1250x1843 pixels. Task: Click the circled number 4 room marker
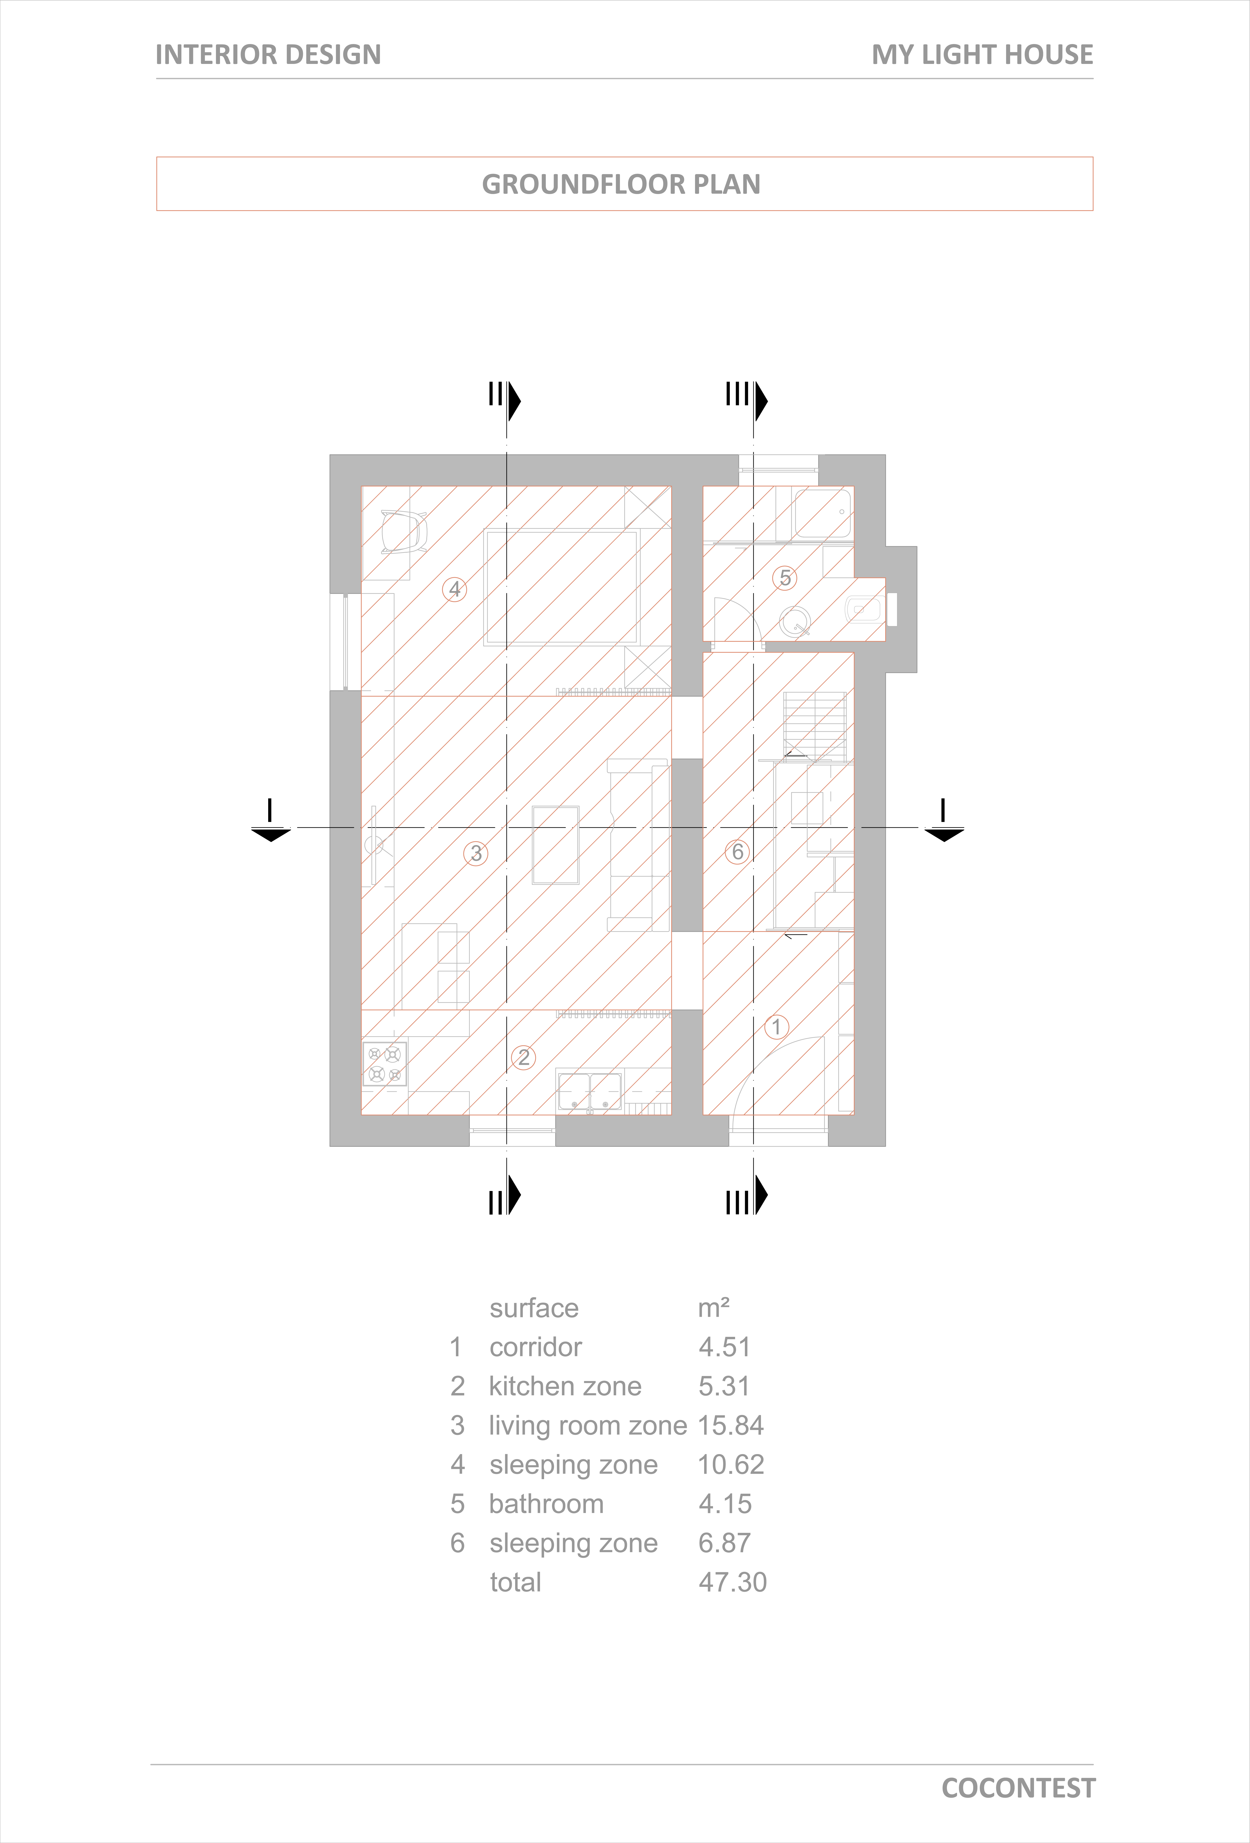tap(454, 589)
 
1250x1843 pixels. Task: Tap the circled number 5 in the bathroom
tap(785, 578)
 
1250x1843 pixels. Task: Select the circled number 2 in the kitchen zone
tap(523, 1057)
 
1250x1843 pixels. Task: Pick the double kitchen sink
tap(590, 1091)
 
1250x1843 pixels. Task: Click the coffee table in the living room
tap(556, 845)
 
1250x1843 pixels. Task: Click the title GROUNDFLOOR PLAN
tap(621, 185)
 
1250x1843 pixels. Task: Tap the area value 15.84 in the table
tap(731, 1425)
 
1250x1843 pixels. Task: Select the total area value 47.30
tap(732, 1582)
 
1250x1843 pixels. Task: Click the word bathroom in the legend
tap(546, 1504)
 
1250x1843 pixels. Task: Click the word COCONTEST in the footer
tap(1019, 1789)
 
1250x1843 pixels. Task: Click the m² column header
tap(713, 1308)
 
